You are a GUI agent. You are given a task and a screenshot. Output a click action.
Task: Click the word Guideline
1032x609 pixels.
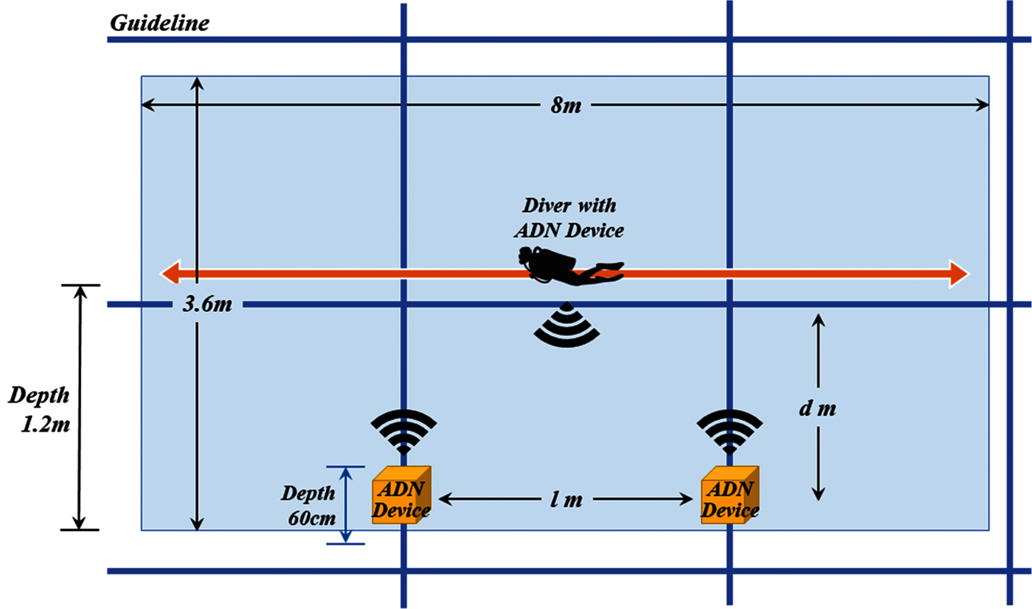coord(159,23)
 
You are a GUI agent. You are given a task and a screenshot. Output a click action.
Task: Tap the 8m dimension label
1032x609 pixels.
coord(566,106)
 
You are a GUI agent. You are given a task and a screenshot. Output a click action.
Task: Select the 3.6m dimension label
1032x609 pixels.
coord(207,304)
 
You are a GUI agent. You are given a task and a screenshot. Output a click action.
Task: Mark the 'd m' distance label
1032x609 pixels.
coord(817,408)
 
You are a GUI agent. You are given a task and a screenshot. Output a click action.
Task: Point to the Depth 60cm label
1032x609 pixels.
coord(309,506)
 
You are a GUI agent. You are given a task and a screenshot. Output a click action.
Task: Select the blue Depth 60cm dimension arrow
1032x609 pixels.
coord(346,505)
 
